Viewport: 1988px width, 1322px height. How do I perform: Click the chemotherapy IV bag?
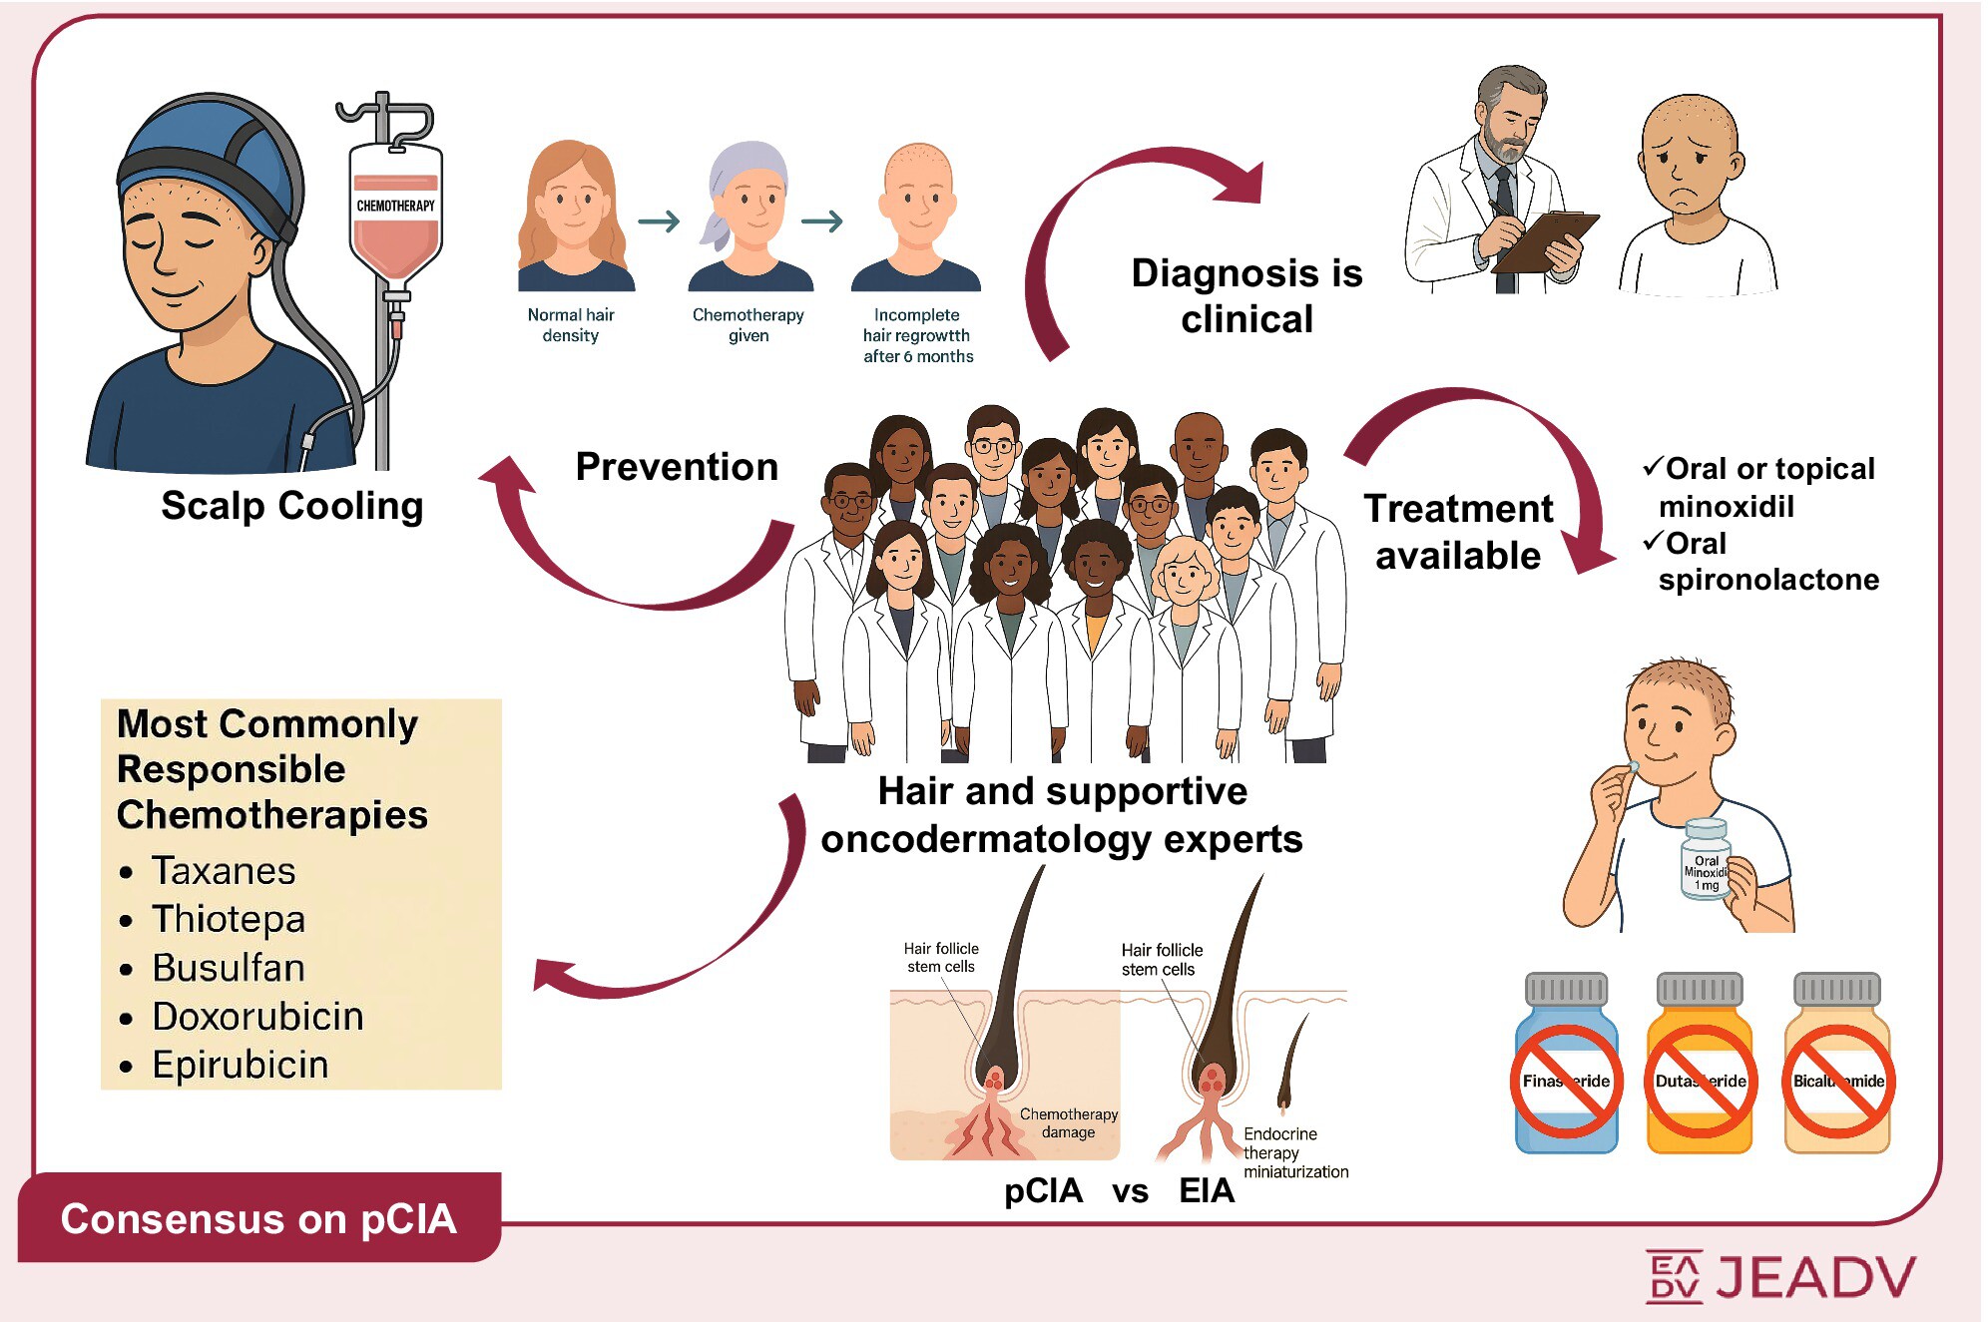point(395,215)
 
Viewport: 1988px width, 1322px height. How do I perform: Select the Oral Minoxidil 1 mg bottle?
point(1706,860)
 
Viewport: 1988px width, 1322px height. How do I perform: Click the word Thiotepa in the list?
point(229,919)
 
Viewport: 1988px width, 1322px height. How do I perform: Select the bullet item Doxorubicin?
point(257,1017)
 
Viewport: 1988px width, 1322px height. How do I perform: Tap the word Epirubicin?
point(241,1065)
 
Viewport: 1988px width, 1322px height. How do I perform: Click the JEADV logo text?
point(1815,1277)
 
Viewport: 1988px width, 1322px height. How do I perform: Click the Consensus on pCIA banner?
point(258,1218)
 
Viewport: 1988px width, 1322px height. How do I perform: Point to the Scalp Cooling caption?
point(292,506)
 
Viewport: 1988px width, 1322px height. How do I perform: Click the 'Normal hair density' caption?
point(571,325)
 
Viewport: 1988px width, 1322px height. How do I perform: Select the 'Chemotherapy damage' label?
point(1068,1122)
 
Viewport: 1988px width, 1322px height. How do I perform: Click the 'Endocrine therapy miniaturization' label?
point(1294,1152)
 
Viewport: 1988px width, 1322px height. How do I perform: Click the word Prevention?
point(677,467)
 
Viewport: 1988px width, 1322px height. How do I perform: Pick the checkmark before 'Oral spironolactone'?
point(1653,542)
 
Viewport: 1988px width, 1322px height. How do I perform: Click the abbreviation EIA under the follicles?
point(1207,1190)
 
